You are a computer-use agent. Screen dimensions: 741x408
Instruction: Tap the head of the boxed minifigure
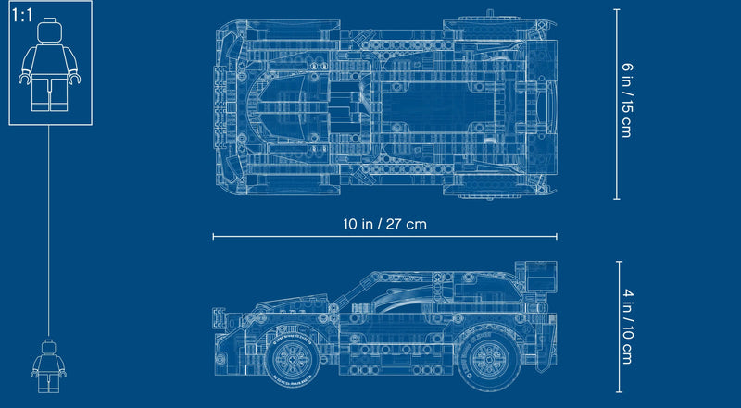50,31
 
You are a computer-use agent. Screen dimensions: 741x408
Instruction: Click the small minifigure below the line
49,366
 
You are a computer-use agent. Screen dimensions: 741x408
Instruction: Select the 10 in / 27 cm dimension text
384,224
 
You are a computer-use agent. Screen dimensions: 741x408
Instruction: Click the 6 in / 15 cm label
626,100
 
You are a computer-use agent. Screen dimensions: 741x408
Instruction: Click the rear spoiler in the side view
536,275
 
